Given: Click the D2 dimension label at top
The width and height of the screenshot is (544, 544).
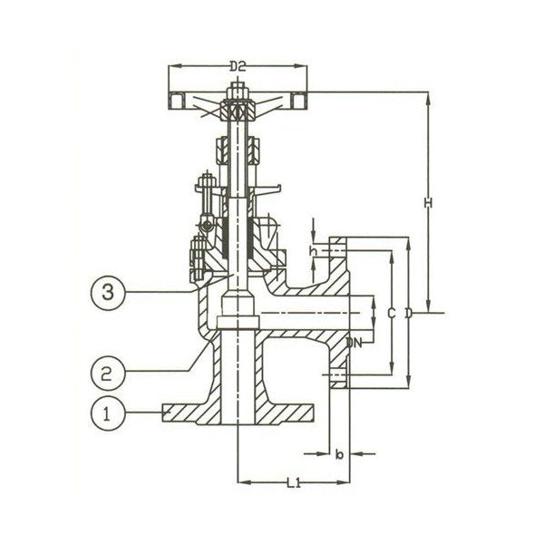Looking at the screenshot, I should [238, 66].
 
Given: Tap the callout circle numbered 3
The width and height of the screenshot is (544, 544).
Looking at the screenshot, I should [109, 292].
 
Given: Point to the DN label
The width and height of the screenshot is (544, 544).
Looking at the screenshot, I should [355, 342].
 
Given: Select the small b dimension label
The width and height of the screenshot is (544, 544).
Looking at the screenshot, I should [337, 451].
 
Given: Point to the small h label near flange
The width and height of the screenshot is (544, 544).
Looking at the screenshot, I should [313, 250].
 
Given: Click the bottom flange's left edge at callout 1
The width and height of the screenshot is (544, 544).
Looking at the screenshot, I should [163, 413].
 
